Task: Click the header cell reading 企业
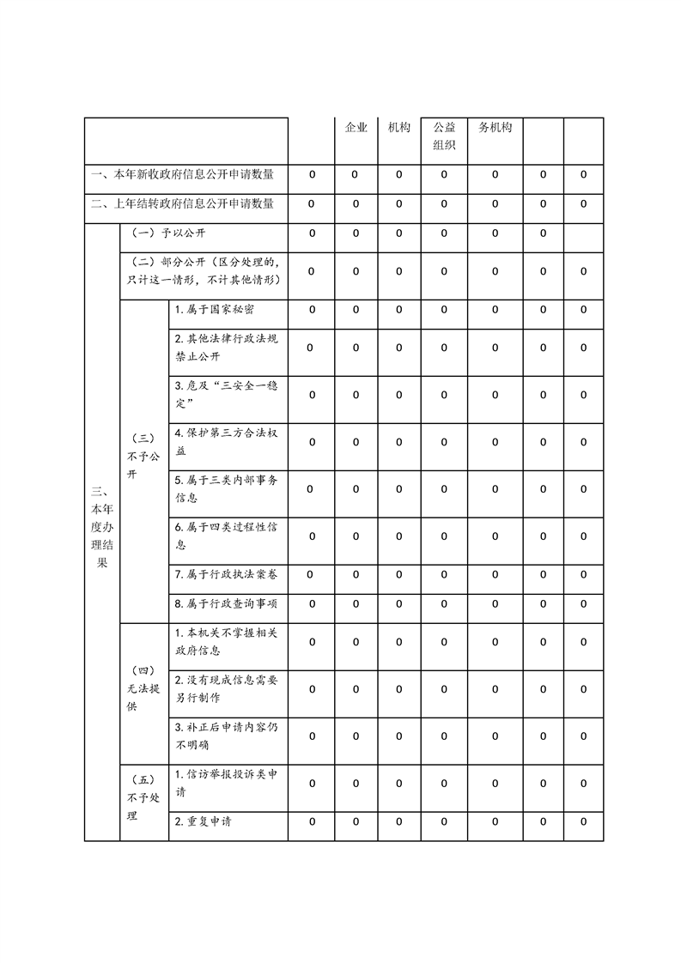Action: [x=356, y=127]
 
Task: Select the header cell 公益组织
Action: [x=444, y=136]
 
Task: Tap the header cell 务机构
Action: [x=495, y=127]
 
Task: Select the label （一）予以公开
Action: [x=168, y=233]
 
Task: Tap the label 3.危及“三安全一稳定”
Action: [x=226, y=395]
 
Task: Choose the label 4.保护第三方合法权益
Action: [x=226, y=442]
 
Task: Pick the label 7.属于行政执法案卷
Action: [x=226, y=574]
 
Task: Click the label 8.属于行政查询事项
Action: [x=226, y=604]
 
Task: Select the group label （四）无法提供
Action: [x=143, y=688]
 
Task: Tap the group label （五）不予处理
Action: [x=143, y=797]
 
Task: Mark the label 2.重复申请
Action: [x=204, y=822]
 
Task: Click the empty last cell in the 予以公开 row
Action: [x=583, y=233]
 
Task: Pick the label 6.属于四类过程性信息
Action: [x=226, y=536]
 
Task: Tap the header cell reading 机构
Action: [x=398, y=127]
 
